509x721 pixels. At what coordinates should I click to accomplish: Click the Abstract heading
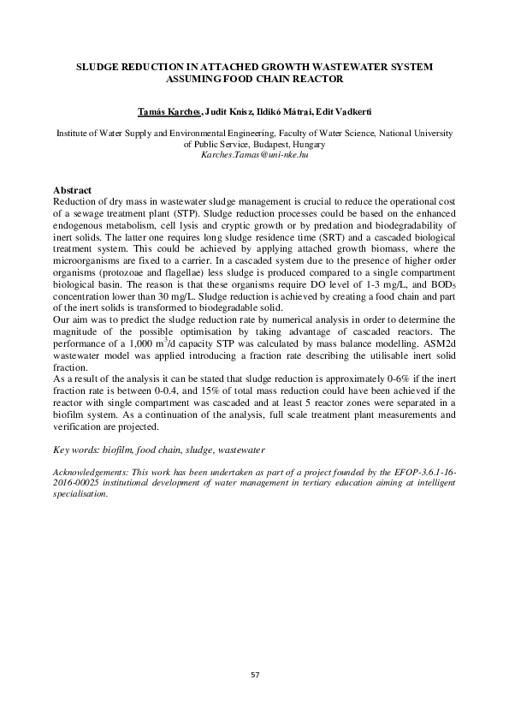(x=73, y=189)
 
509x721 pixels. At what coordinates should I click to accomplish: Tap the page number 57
(x=254, y=676)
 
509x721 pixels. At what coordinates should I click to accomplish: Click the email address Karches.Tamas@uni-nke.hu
(x=254, y=157)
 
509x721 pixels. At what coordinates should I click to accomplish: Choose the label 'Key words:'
(x=75, y=448)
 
